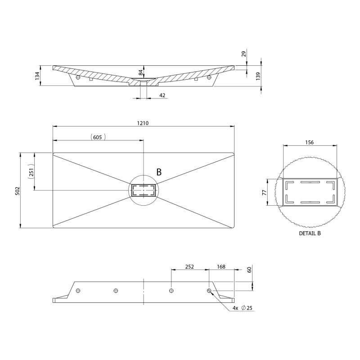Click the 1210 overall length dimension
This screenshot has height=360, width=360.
143,123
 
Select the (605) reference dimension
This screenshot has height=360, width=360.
98,137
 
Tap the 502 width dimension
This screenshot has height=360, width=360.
18,191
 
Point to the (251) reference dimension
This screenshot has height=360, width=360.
31,171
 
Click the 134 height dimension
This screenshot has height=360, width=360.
37,76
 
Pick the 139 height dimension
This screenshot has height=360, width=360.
258,76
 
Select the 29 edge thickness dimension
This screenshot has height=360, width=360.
243,54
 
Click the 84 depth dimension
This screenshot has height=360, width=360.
141,72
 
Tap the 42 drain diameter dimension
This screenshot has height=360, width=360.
162,95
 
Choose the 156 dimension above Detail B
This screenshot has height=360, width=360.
309,142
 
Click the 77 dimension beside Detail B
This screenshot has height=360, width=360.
265,193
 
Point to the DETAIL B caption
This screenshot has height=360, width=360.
310,233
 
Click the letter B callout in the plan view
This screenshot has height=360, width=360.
159,172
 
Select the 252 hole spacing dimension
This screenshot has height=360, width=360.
189,267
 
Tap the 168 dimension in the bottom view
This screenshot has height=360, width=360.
221,267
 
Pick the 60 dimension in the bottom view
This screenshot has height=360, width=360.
249,269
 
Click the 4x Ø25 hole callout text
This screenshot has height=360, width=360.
242,308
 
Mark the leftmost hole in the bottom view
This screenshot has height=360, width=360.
78,291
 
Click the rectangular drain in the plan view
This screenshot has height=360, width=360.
144,190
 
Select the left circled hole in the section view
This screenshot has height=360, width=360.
78,77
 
